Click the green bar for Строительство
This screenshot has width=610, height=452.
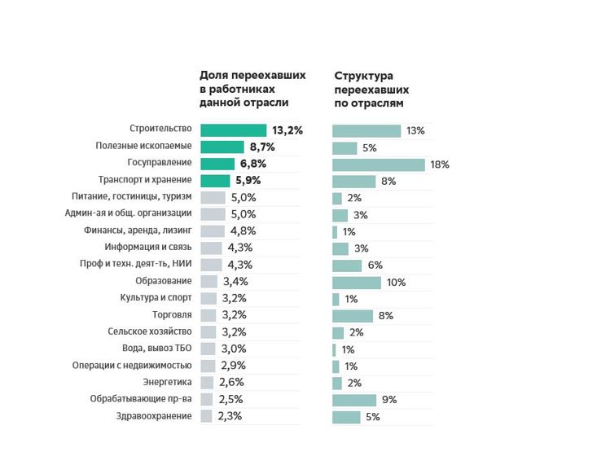pos(233,130)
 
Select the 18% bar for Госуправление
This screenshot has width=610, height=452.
pos(379,165)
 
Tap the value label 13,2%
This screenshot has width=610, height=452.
pos(287,130)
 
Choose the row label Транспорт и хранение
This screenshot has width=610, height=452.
pos(144,180)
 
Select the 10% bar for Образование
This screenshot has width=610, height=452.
pos(357,283)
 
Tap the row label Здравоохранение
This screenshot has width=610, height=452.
pos(154,416)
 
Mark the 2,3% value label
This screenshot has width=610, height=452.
pos(229,416)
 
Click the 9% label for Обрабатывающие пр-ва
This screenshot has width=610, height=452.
pos(389,400)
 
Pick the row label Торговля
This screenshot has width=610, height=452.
pos(171,314)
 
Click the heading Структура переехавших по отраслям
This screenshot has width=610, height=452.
pos(371,89)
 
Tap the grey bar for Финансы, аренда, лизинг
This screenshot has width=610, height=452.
pos(212,231)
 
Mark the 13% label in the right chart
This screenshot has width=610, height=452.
pos(415,131)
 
